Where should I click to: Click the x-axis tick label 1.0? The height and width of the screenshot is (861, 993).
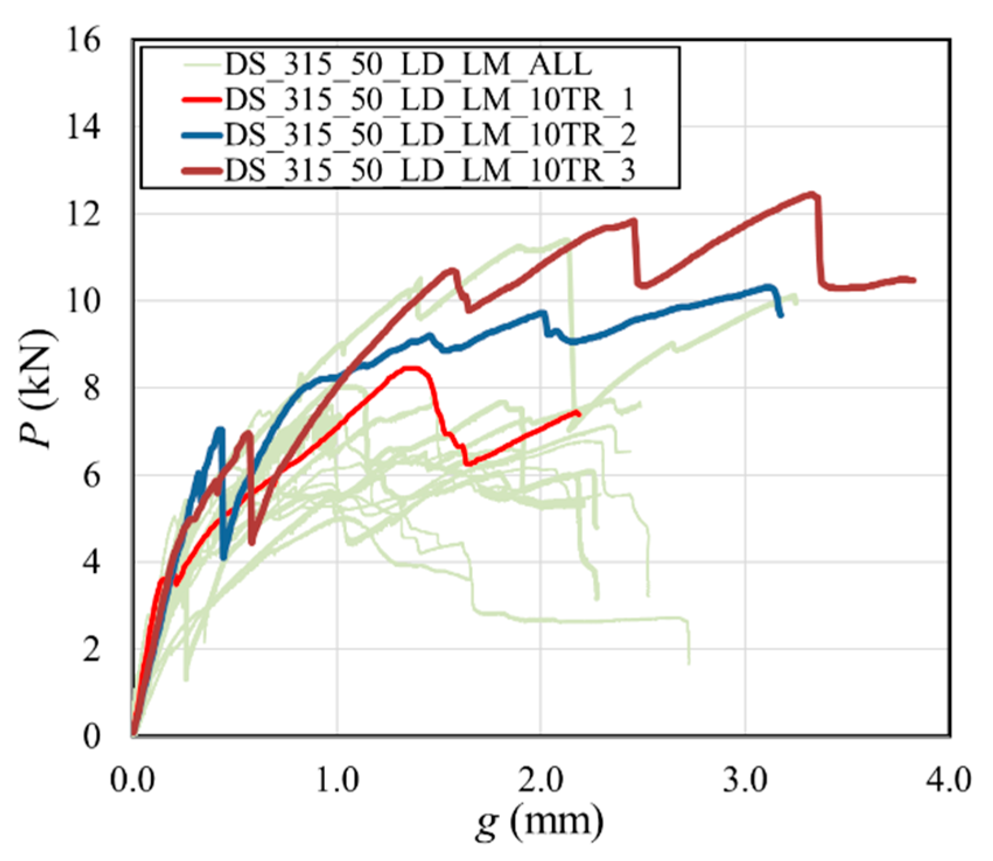click(338, 780)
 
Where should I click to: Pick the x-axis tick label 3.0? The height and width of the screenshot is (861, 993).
click(746, 780)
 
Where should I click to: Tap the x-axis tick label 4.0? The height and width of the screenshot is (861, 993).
click(949, 780)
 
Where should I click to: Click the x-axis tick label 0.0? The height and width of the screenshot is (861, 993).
click(134, 780)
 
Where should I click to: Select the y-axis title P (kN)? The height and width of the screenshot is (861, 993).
click(38, 388)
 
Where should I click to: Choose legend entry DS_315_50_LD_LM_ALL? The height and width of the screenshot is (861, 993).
click(408, 64)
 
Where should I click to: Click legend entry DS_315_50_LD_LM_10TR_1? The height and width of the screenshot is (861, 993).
click(429, 100)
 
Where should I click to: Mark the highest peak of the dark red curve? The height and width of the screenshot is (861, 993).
click(812, 194)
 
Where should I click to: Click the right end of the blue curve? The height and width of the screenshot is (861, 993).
click(781, 315)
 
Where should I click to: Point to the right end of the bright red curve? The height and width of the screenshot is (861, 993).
click(578, 414)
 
